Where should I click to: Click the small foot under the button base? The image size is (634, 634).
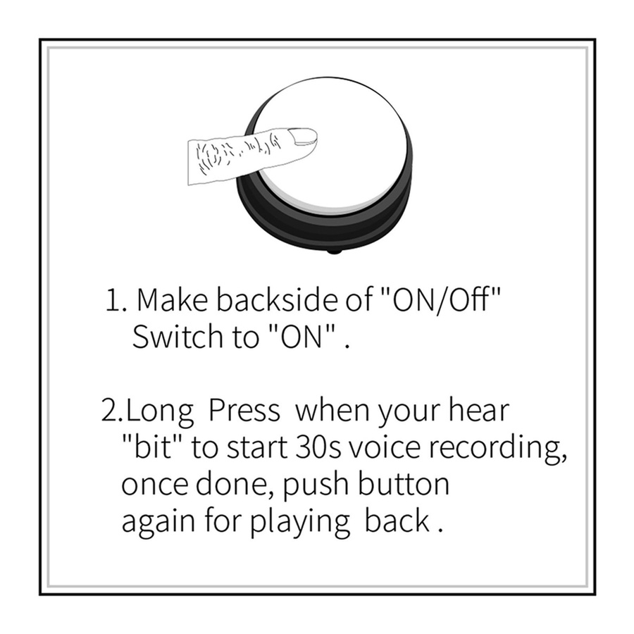(x=334, y=252)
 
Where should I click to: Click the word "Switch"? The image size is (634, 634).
(x=178, y=337)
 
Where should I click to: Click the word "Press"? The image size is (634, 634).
(x=244, y=411)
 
